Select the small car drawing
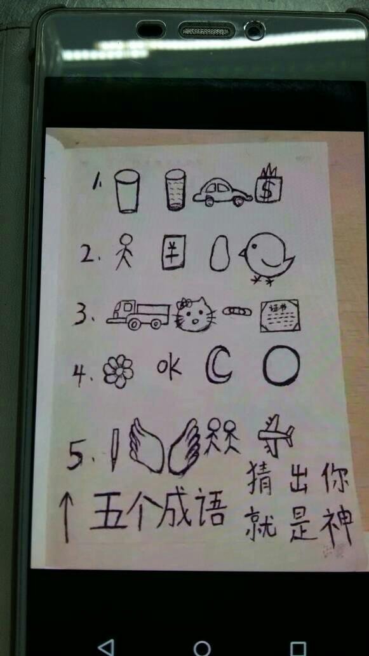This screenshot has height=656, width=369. click(x=222, y=191)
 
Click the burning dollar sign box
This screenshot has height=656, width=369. click(x=269, y=186)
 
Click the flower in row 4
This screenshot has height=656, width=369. click(x=119, y=371)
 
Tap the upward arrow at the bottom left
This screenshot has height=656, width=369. click(x=66, y=517)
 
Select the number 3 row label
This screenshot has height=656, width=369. click(x=81, y=315)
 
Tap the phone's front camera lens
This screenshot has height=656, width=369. click(x=255, y=29)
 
